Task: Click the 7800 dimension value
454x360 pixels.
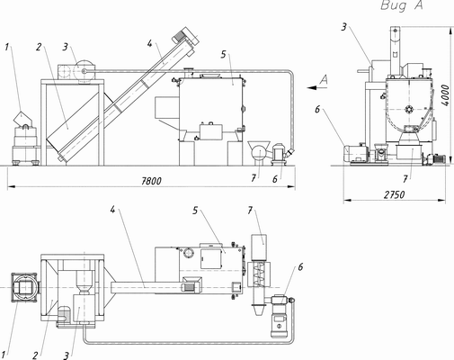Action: tap(151, 181)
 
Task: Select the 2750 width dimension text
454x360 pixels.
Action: tap(395, 195)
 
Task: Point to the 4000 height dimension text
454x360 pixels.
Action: tap(446, 95)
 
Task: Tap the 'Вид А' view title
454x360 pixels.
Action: tap(402, 5)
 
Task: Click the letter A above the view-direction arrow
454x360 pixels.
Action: tap(324, 80)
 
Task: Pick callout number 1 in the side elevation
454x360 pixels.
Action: tap(7, 48)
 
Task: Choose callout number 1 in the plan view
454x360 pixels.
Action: tap(4, 354)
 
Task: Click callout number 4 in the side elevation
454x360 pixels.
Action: tap(150, 43)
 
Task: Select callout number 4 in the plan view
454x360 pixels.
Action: tap(112, 209)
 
